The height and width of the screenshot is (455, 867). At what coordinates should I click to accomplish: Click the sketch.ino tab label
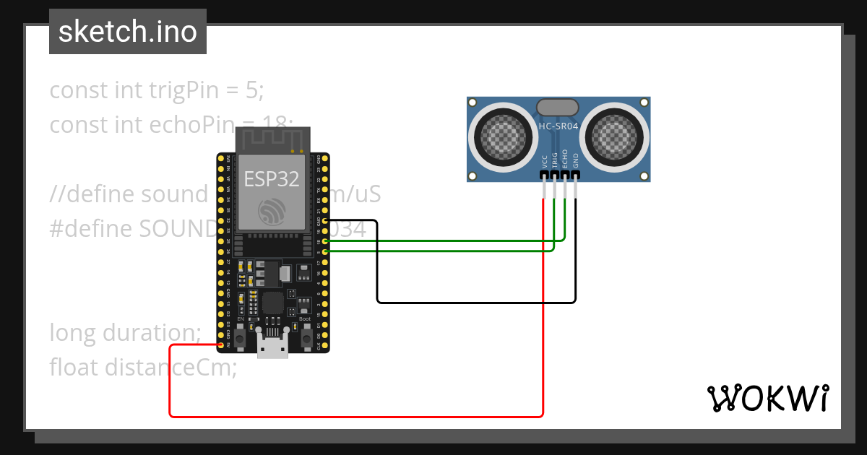128,32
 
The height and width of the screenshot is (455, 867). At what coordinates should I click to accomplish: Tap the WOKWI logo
767,398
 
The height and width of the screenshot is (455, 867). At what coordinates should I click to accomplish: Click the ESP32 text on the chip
272,178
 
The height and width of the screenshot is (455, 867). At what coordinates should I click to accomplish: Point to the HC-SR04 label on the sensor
558,126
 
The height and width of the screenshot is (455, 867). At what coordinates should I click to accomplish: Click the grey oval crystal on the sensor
558,107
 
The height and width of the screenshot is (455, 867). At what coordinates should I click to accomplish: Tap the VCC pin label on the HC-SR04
544,161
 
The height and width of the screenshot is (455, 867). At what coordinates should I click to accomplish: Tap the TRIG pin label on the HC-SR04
555,160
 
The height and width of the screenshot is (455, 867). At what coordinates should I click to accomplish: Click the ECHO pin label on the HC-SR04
565,160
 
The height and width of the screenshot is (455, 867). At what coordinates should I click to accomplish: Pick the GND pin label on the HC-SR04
576,161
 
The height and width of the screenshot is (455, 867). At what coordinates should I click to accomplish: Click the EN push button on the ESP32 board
240,337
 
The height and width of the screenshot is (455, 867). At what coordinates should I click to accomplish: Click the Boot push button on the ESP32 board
306,337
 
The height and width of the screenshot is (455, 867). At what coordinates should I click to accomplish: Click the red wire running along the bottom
354,416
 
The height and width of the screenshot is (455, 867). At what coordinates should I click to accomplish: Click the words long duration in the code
125,333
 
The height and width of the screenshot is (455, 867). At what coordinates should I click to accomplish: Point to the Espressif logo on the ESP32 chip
272,211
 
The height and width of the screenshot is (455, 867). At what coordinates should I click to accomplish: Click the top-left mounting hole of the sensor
473,103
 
